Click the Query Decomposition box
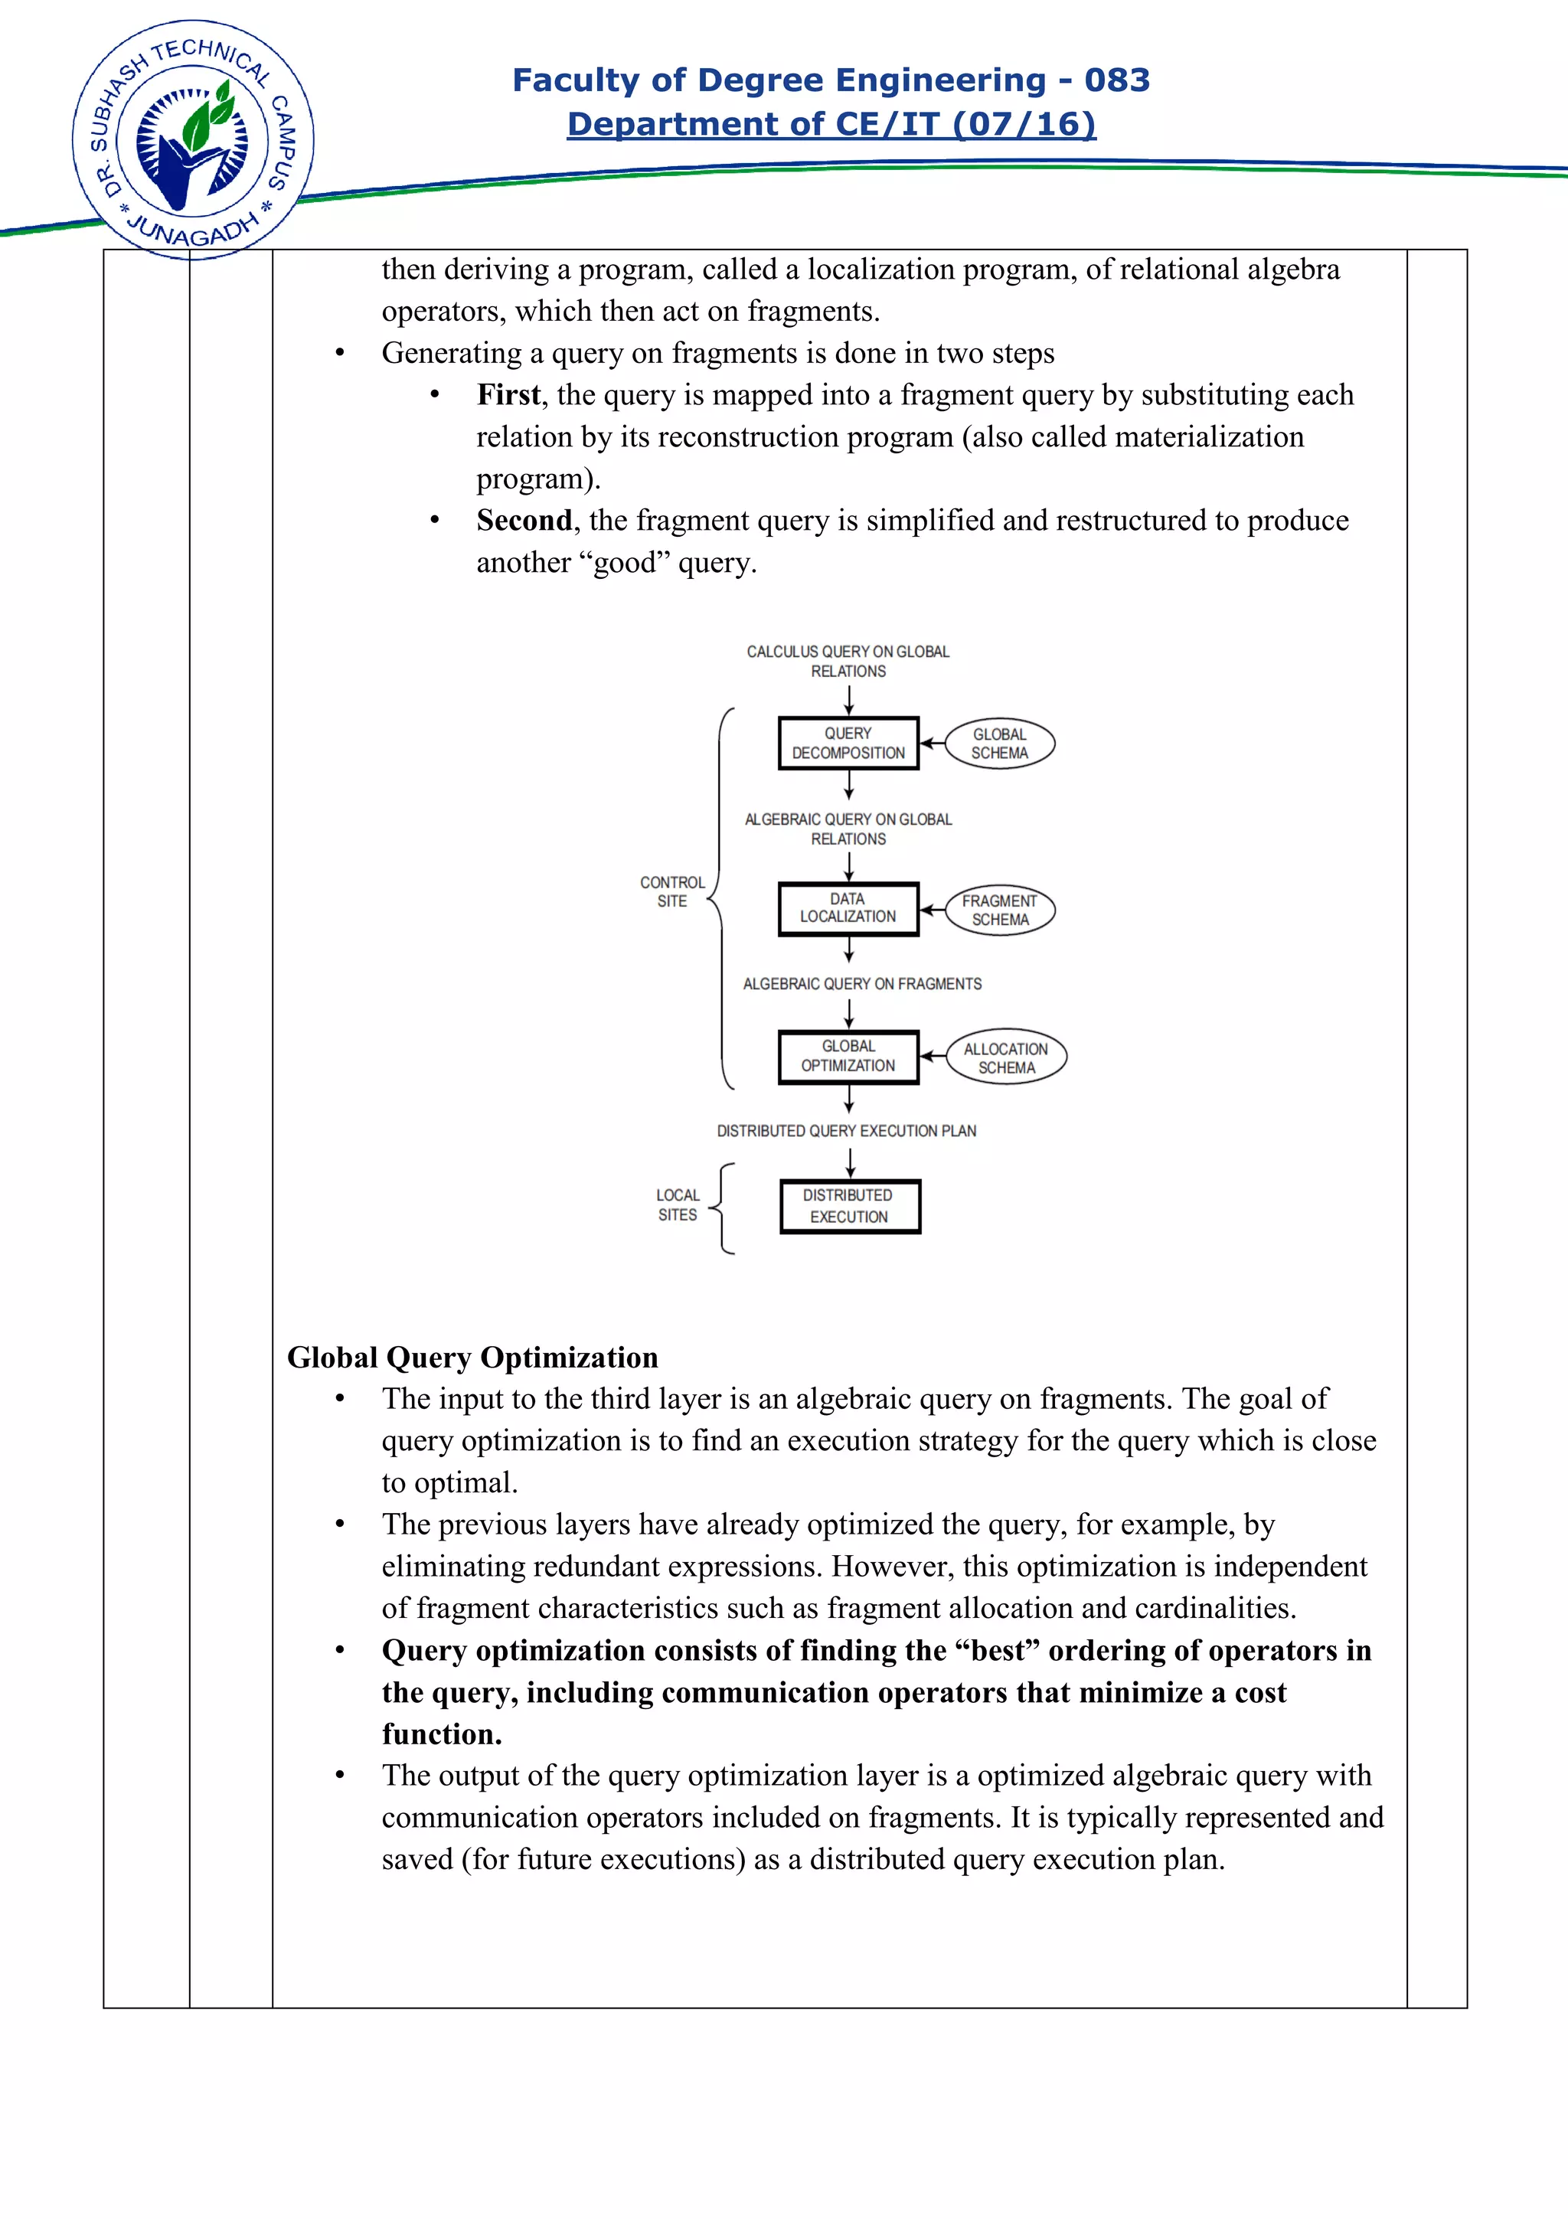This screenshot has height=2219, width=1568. [x=848, y=743]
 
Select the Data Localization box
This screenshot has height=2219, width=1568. [x=848, y=908]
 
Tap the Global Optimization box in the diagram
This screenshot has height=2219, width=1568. [x=848, y=1057]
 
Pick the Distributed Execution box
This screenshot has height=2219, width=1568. [x=849, y=1206]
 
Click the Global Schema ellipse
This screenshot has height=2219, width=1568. [x=999, y=743]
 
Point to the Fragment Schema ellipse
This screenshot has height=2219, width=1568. [x=999, y=910]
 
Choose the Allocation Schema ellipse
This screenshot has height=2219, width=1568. [x=1006, y=1057]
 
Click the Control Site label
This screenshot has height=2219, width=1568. [x=671, y=891]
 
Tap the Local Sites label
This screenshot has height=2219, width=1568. [x=678, y=1205]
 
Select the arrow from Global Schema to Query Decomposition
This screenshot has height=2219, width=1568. [x=931, y=743]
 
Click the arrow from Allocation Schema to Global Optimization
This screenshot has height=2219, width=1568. [x=933, y=1057]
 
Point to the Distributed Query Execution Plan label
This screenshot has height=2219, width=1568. [x=846, y=1131]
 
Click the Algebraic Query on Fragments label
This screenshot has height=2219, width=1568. [x=862, y=984]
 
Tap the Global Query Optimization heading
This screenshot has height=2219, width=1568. [x=472, y=1357]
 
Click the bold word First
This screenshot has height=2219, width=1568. [x=508, y=395]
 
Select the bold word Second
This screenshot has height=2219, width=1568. [x=524, y=521]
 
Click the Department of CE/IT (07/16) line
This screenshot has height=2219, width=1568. [x=831, y=124]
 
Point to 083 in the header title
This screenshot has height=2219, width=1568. [x=1117, y=80]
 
